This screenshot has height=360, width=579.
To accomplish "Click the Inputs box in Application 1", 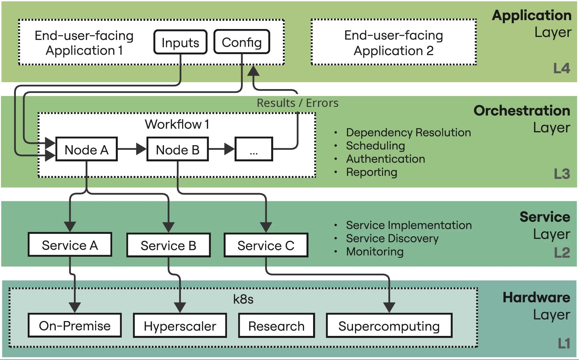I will (x=180, y=42).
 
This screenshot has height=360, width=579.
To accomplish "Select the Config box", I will (x=242, y=42).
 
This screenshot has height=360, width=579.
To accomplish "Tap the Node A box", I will (x=86, y=149).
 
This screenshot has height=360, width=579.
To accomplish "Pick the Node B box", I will (x=177, y=149).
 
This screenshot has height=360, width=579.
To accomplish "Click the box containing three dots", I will (x=254, y=149).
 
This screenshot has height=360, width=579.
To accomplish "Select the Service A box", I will (x=70, y=245).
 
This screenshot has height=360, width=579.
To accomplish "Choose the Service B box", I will (x=168, y=245).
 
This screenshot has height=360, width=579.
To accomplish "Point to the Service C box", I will (x=266, y=245).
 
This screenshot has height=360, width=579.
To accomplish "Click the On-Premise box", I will (x=75, y=326).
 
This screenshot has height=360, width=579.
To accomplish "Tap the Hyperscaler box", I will (x=180, y=326).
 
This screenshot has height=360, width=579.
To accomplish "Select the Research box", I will (x=276, y=326).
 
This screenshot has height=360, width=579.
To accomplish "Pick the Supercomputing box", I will (x=389, y=326).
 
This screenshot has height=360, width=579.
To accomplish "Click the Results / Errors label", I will (x=297, y=103).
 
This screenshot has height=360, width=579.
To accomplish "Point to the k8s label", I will (x=243, y=299).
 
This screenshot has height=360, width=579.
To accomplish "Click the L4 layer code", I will (x=562, y=68).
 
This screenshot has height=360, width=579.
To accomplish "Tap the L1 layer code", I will (x=563, y=344).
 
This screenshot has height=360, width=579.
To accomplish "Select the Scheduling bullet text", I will (x=375, y=146).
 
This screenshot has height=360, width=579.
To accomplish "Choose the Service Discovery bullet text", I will (x=392, y=238).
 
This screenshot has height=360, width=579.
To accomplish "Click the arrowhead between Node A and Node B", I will (x=141, y=149).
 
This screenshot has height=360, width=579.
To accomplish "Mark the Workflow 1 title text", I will (x=177, y=124).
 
